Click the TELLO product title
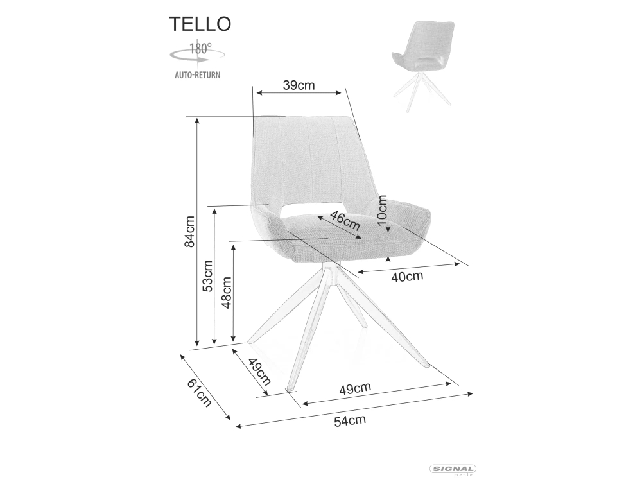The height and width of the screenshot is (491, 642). [200, 24]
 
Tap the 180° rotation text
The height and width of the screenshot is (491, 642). [200, 49]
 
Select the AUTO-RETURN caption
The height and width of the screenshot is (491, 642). [197, 75]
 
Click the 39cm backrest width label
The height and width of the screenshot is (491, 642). [299, 85]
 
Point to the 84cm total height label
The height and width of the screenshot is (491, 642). [189, 232]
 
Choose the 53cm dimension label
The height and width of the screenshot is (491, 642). [209, 276]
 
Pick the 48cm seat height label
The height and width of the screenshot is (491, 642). [227, 293]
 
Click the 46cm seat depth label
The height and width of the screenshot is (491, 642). [345, 220]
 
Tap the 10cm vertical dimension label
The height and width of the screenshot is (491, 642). [382, 211]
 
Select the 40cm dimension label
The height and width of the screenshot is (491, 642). [407, 277]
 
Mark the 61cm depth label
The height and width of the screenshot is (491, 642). [200, 393]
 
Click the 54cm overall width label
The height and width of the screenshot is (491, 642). [350, 420]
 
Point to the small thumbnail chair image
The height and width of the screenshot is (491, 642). [424, 65]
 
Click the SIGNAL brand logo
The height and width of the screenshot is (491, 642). [453, 470]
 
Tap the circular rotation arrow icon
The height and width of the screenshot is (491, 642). [197, 56]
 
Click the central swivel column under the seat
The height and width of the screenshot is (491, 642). [331, 273]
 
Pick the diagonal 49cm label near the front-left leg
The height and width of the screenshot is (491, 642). [259, 372]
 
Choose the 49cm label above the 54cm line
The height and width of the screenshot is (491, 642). [355, 388]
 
